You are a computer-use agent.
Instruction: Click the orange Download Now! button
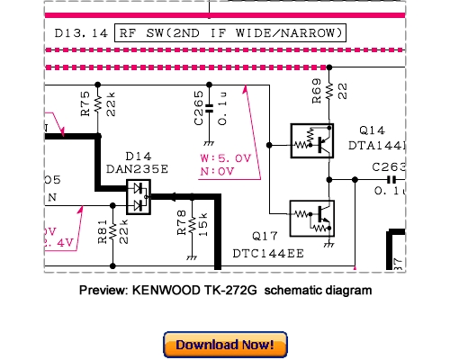tap(225, 344)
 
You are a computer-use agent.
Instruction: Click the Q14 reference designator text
tap(371, 130)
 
